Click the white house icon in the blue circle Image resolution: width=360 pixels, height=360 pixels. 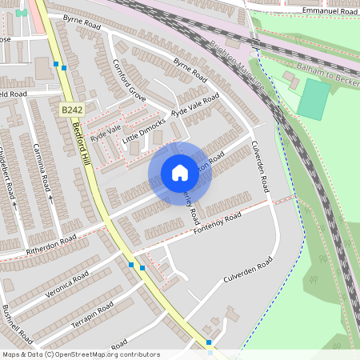(x=179, y=173)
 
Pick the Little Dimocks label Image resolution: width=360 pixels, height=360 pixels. (x=144, y=134)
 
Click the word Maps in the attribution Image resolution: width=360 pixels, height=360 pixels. (x=11, y=354)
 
